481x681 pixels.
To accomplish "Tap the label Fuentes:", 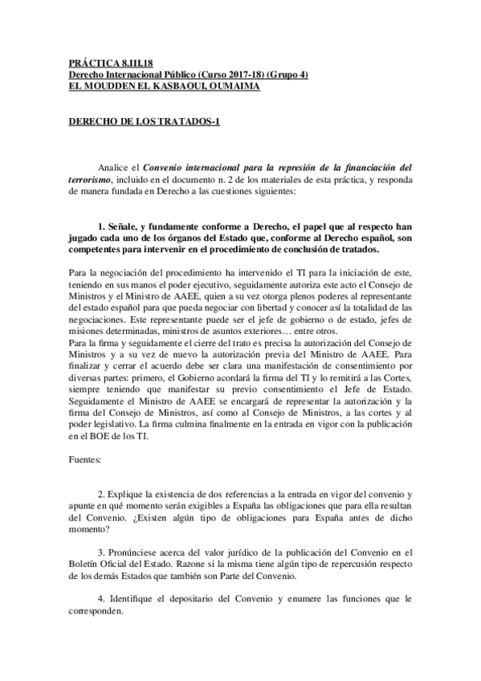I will pos(80,463).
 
